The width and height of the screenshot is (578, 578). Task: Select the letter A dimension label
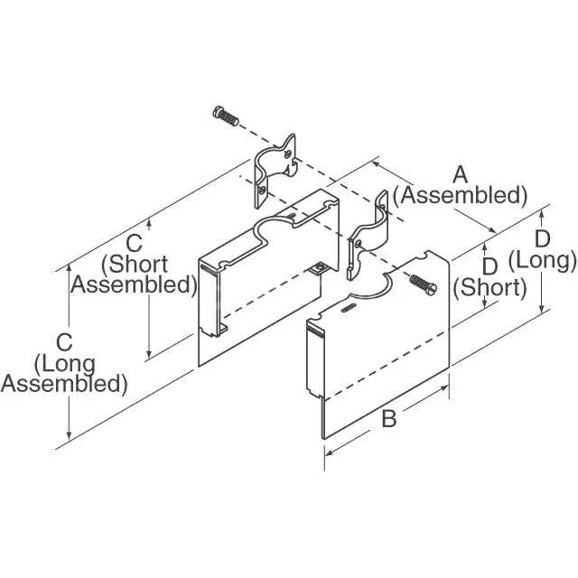[460, 173]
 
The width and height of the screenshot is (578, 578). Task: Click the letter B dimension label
[389, 419]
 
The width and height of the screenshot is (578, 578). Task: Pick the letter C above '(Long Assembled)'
[64, 342]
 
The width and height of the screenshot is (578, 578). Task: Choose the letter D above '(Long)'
[542, 238]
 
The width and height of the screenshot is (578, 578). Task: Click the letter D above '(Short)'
[490, 266]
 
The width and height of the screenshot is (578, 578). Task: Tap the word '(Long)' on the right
[542, 260]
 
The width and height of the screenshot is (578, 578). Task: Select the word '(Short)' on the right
[489, 287]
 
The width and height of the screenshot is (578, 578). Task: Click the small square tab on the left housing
[318, 266]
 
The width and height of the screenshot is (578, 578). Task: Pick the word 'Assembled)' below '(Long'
[64, 383]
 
